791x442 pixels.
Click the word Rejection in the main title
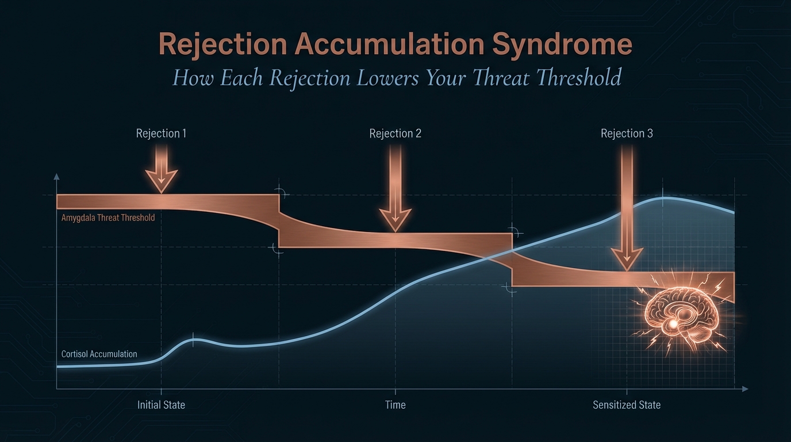tap(222, 45)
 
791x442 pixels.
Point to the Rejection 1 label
tap(161, 134)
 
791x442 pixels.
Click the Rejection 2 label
tap(395, 134)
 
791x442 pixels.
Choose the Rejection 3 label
tap(627, 134)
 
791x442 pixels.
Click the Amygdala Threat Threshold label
tap(108, 218)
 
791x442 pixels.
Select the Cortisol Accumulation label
tap(99, 354)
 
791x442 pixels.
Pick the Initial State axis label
tap(161, 405)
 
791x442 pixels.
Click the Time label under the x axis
tap(395, 405)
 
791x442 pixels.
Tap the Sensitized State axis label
tap(627, 405)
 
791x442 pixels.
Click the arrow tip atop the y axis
tap(56, 176)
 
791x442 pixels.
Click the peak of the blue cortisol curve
tap(664, 198)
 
